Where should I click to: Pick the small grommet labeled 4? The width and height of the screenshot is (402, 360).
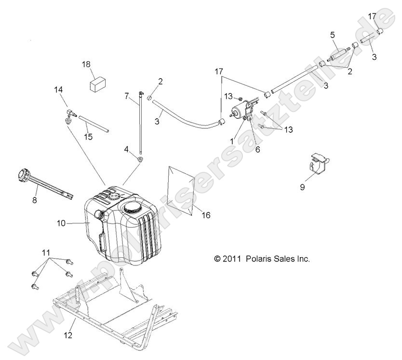click(x=140, y=159)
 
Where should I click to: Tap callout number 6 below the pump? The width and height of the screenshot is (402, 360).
click(x=257, y=150)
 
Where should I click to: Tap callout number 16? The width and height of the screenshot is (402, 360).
click(x=206, y=215)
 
